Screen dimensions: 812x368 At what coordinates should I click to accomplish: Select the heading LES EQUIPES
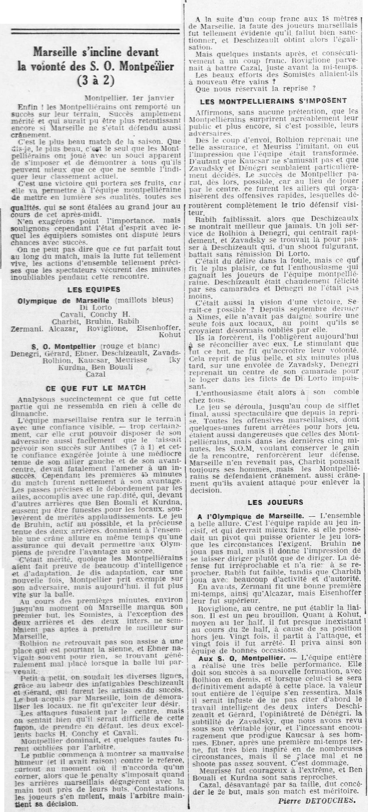(94, 289)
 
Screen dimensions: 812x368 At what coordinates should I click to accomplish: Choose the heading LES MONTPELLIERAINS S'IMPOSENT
(274, 102)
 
